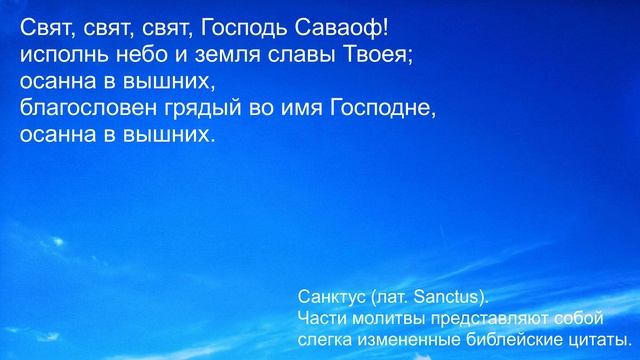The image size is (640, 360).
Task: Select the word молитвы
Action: click(389, 318)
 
